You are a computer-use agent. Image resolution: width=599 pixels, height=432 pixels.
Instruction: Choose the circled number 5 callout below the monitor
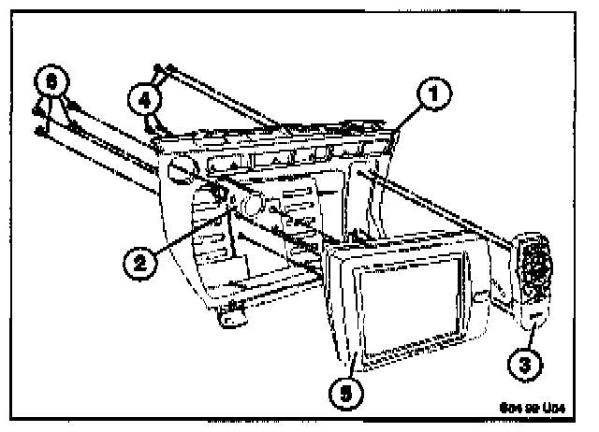(345, 393)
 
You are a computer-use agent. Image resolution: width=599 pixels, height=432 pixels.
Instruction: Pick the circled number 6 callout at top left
(56, 81)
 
